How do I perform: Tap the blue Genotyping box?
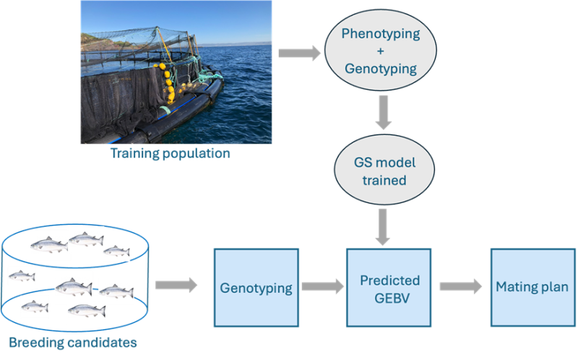256,287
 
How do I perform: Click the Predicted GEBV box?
389,287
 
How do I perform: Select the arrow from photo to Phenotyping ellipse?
299,53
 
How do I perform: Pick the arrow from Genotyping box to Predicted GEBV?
322,287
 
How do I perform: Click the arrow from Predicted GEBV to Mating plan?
460,287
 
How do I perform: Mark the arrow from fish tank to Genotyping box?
176,286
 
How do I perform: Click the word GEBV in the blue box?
389,296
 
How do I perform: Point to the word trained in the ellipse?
385,180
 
